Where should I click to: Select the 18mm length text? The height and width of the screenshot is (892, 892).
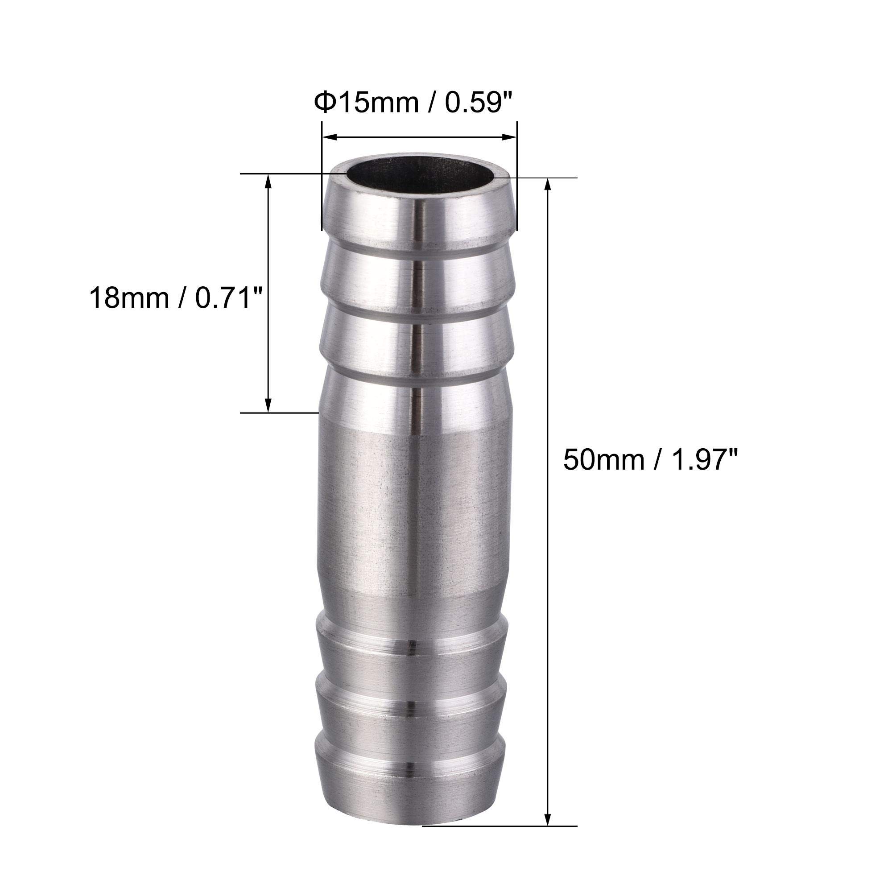(x=129, y=298)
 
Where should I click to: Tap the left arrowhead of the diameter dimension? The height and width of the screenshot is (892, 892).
(x=329, y=136)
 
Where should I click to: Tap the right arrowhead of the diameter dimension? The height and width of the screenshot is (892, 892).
(x=509, y=136)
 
